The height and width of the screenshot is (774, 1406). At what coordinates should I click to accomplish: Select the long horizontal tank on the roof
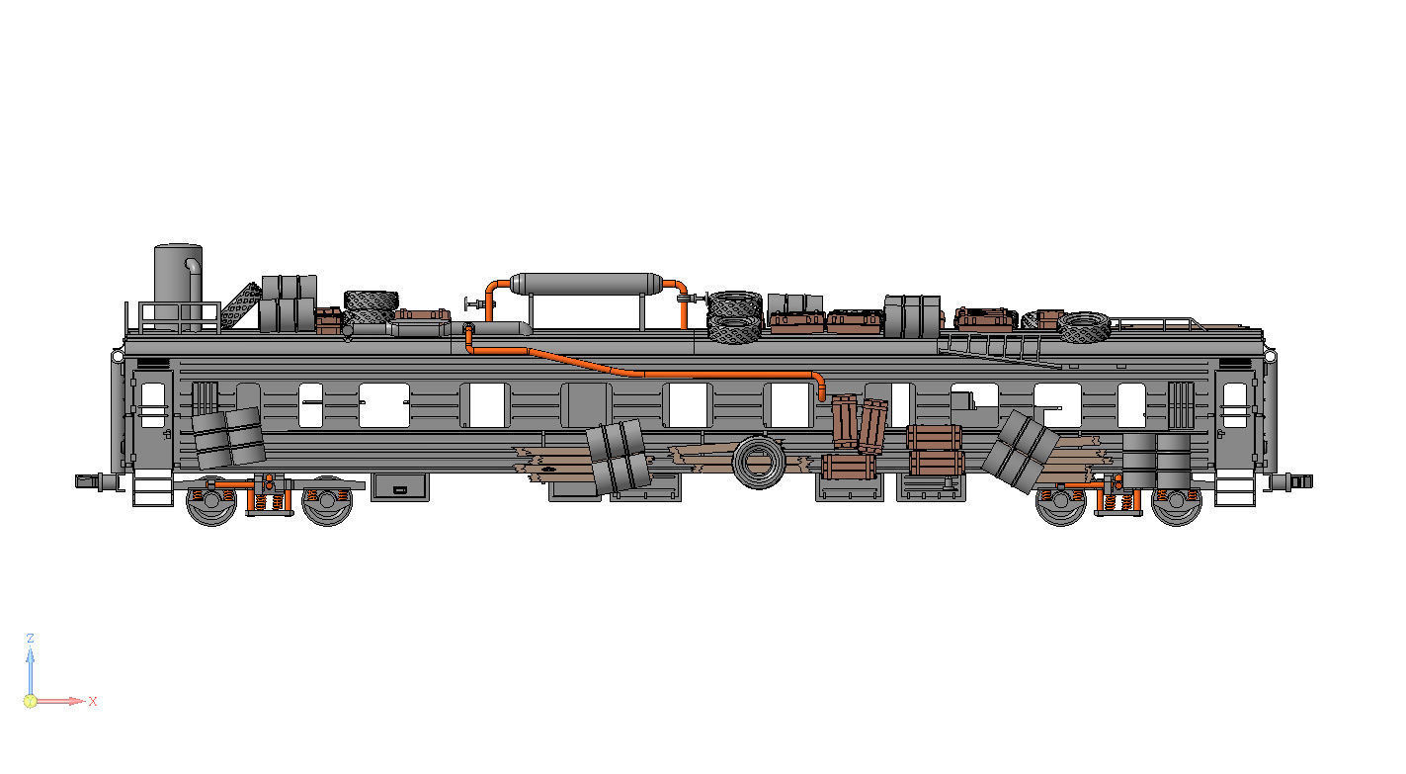[x=585, y=284]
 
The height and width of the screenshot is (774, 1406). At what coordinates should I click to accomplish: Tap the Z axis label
[x=31, y=639]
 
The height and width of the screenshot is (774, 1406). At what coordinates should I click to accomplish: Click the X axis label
[x=93, y=701]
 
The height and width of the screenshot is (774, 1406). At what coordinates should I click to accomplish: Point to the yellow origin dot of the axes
[x=30, y=701]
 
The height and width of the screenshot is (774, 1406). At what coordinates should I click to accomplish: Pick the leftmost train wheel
[x=210, y=502]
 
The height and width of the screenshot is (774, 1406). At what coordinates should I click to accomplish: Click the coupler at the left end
[x=91, y=480]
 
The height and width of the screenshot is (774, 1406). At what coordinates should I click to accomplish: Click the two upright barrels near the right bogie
[x=1156, y=459]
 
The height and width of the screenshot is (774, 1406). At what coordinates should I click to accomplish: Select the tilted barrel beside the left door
[x=228, y=437]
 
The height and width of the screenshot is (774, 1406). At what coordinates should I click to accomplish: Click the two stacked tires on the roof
[x=734, y=317]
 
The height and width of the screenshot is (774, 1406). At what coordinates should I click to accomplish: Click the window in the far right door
[x=1235, y=405]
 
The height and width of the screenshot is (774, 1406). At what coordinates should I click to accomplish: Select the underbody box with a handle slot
[x=400, y=487]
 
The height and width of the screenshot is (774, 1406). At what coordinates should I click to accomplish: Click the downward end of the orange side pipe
[x=820, y=392]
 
